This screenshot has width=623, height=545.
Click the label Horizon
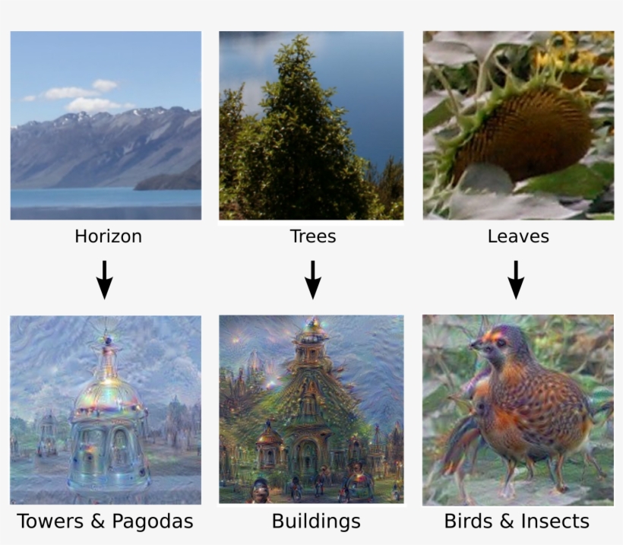tap(108, 236)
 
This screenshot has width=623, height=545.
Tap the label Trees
tap(312, 236)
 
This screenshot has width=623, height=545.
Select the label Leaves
tap(518, 236)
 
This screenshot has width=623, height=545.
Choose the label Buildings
tap(315, 521)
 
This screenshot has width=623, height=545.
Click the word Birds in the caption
tap(468, 521)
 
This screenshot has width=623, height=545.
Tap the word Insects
tap(554, 521)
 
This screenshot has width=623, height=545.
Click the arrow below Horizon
tap(105, 279)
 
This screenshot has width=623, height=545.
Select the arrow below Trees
tap(312, 279)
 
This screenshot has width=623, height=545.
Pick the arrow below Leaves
tap(516, 279)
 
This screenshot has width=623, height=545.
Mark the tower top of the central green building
tap(311, 330)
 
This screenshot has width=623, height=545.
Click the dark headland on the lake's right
tap(171, 181)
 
